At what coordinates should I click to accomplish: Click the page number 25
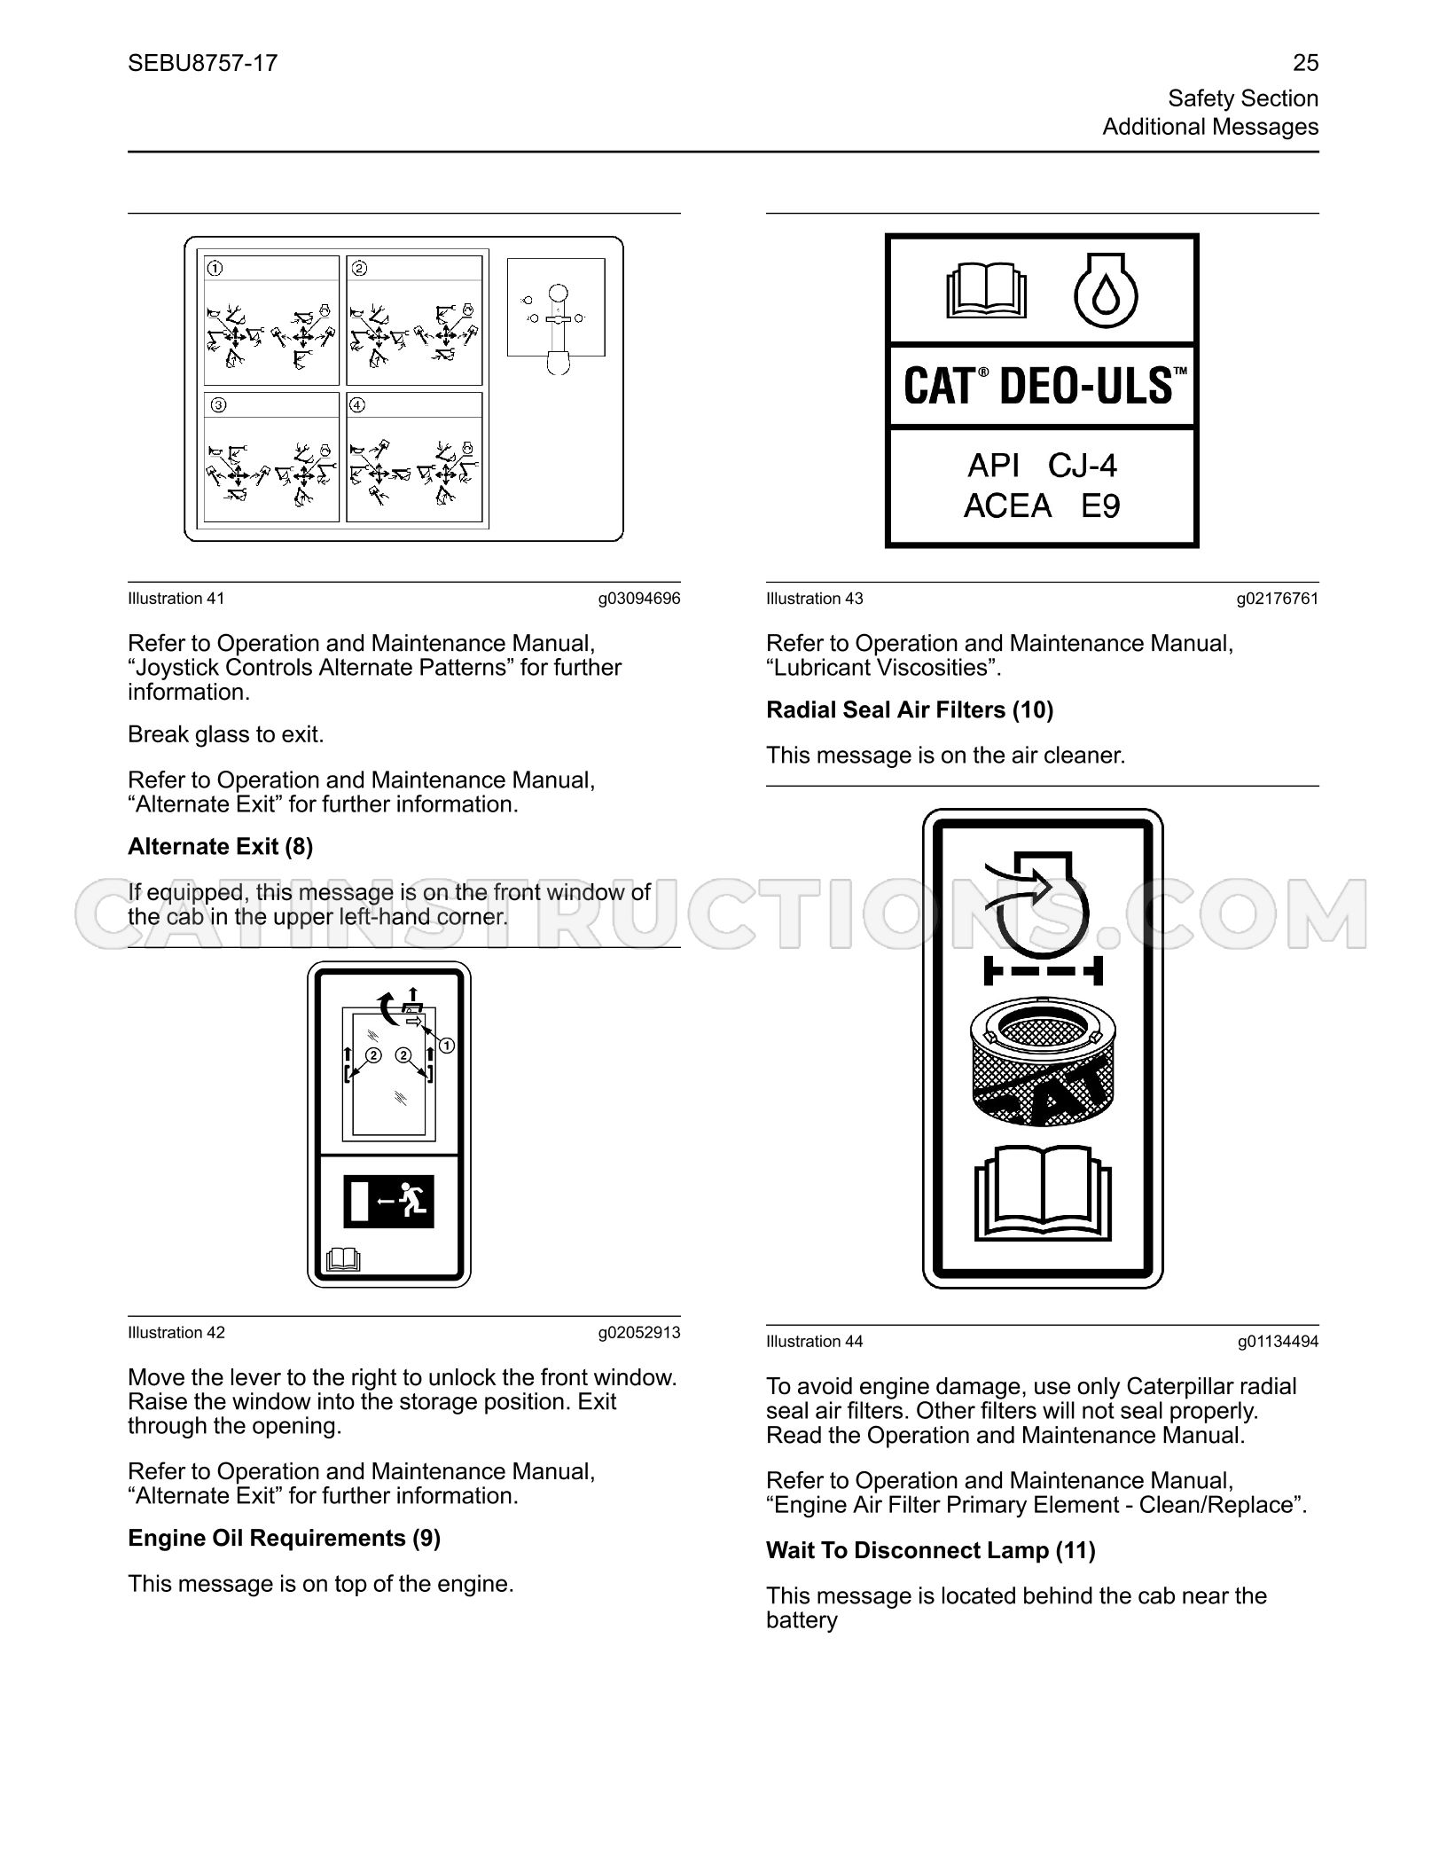pos(1305,63)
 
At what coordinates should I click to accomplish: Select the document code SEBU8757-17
pos(203,63)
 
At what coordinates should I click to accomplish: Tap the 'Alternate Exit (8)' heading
pos(221,846)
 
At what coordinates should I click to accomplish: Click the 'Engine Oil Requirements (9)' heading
pos(285,1538)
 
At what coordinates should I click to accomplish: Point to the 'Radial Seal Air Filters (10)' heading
pos(910,709)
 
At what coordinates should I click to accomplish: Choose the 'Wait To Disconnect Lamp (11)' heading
pos(931,1550)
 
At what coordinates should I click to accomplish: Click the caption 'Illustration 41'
pos(176,599)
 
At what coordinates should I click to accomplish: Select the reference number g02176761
pos(1278,599)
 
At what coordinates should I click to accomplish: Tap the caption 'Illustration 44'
pos(815,1342)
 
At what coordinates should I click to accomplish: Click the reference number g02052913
pos(639,1333)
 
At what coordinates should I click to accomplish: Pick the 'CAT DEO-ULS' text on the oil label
pos(1043,387)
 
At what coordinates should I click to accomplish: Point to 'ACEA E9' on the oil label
pos(1042,506)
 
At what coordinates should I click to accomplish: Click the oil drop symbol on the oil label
pos(1106,293)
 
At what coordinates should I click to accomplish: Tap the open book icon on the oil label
pos(987,290)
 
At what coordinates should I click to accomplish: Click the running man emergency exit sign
pos(388,1202)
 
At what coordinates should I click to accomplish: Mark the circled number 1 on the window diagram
pos(447,1046)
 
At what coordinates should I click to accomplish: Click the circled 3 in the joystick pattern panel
pos(218,405)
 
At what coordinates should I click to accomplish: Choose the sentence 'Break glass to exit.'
pos(226,734)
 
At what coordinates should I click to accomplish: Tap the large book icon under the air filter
pos(1043,1193)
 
